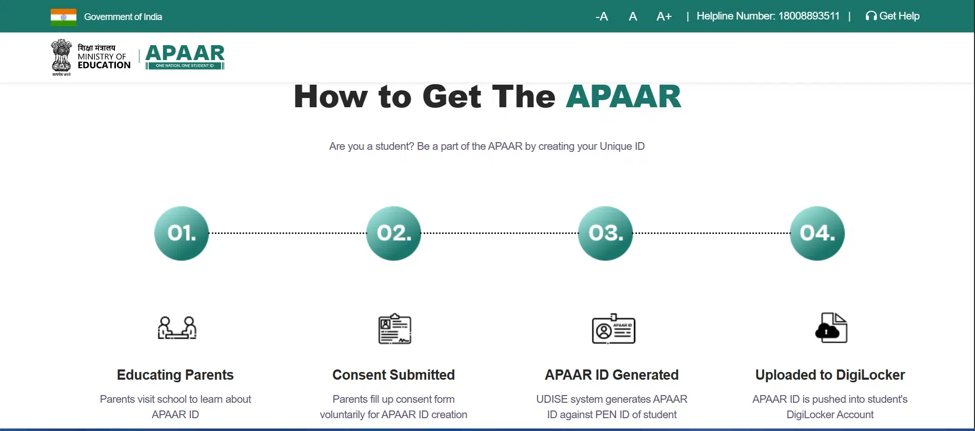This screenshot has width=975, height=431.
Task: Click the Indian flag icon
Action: (64, 17)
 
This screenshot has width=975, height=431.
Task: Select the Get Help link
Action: (892, 16)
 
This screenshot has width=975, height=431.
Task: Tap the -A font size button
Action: (602, 16)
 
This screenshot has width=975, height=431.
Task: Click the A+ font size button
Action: (664, 16)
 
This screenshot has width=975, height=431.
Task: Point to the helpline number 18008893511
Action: (809, 16)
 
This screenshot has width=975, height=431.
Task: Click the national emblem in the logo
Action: (62, 57)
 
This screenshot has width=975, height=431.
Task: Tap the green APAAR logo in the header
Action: (185, 56)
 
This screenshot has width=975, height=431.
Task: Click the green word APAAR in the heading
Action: (624, 96)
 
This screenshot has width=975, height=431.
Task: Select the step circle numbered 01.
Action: (182, 233)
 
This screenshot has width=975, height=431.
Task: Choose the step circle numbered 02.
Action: (393, 233)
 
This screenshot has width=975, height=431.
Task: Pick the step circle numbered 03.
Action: (605, 233)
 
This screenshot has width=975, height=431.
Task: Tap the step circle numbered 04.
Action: (817, 233)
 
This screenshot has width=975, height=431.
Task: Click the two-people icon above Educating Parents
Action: (177, 328)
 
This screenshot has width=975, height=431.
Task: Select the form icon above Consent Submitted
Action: (395, 328)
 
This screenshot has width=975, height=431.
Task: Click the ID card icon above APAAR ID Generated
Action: (613, 328)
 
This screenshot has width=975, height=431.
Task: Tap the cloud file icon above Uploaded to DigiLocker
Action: (831, 327)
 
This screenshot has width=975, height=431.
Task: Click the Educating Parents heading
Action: (175, 375)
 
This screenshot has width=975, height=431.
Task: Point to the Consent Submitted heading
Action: (393, 375)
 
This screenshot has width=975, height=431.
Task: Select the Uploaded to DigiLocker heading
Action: (830, 375)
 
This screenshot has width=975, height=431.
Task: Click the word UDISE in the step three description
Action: (552, 399)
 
